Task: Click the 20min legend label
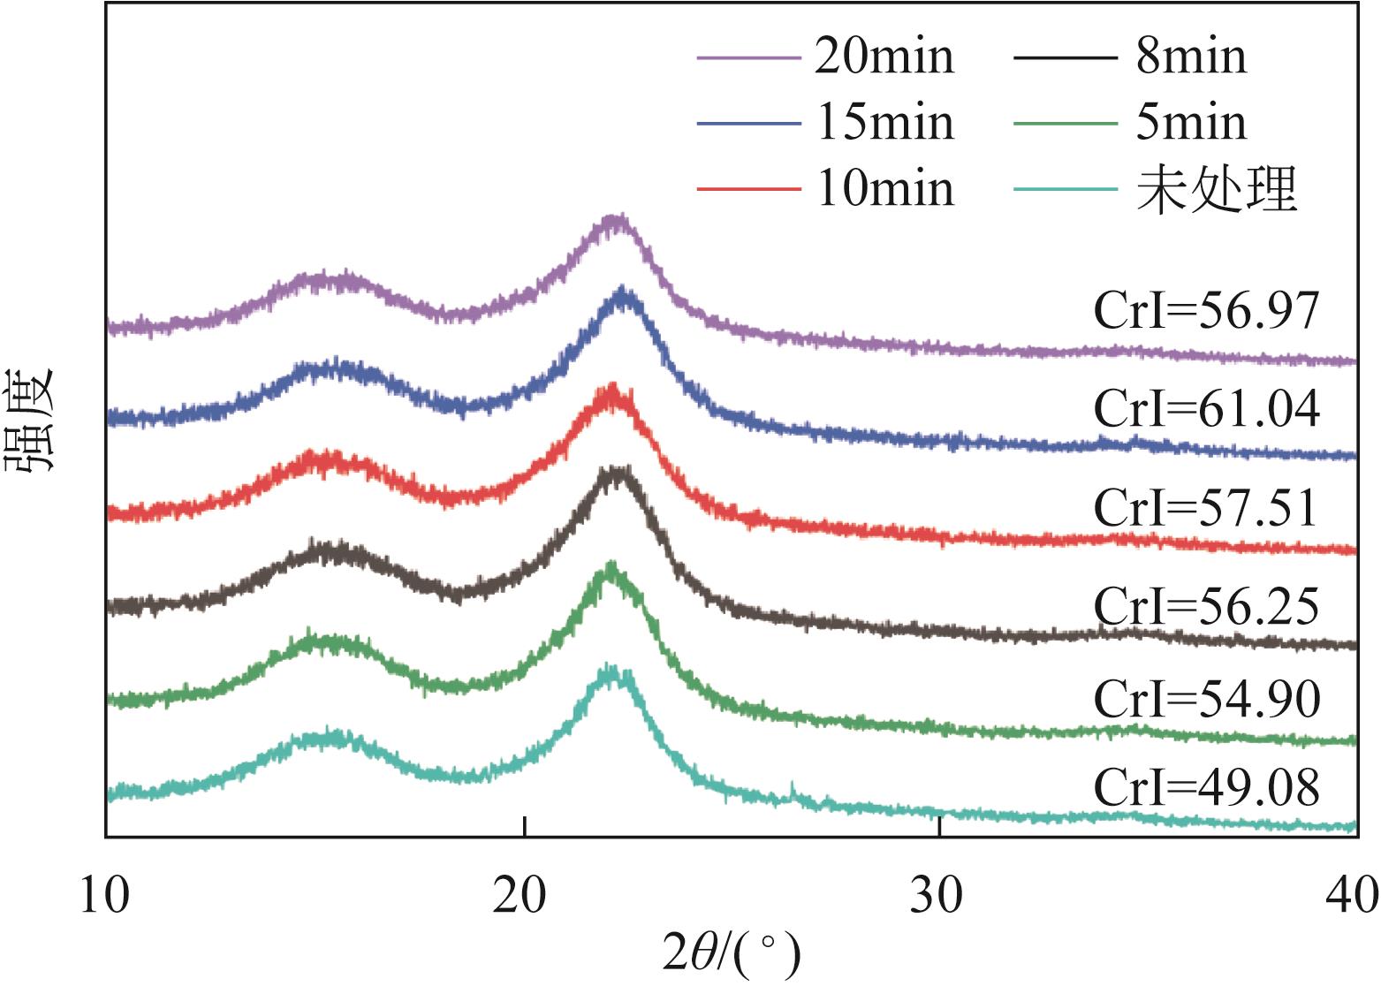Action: (x=884, y=57)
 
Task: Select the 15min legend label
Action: (x=884, y=123)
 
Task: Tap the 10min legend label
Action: (x=884, y=189)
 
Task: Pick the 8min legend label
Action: (x=1190, y=57)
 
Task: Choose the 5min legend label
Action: (x=1190, y=123)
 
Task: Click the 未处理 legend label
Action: (x=1216, y=189)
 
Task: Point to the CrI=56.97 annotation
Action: (x=1206, y=312)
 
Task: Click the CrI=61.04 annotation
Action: (x=1206, y=409)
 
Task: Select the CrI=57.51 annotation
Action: (x=1206, y=509)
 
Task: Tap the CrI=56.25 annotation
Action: (x=1206, y=607)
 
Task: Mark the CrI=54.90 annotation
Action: (x=1206, y=700)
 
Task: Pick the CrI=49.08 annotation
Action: (x=1206, y=787)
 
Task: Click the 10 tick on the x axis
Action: (x=105, y=896)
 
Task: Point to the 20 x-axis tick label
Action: (x=525, y=896)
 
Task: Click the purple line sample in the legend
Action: (x=747, y=57)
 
